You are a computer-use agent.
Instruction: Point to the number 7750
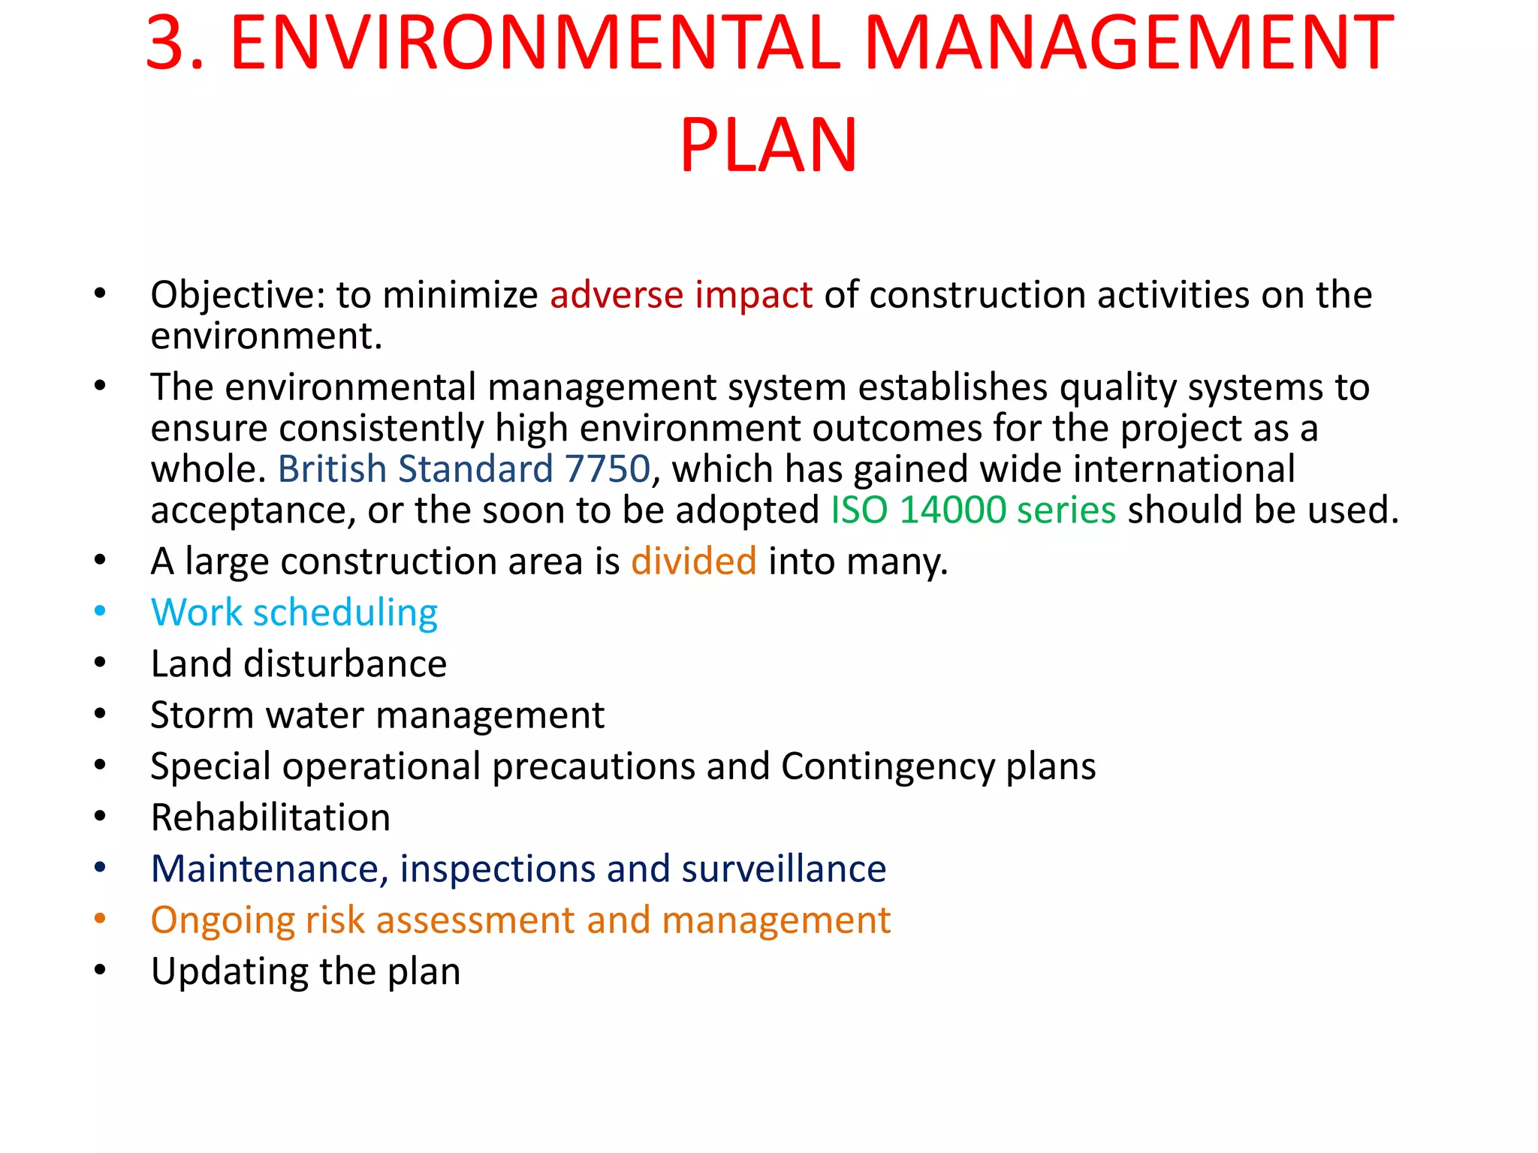[x=608, y=469]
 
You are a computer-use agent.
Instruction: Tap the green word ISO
[x=859, y=510]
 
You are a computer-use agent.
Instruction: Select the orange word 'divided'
[x=693, y=561]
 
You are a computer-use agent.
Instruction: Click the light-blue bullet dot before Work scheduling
[x=100, y=611]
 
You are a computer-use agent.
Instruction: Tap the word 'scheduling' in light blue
[x=345, y=613]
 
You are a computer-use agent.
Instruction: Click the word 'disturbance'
[x=345, y=664]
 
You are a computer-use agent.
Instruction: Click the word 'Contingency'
[x=888, y=767]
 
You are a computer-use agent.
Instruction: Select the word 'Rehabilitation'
[x=270, y=817]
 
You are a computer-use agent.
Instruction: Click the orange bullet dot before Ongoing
[x=100, y=918]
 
